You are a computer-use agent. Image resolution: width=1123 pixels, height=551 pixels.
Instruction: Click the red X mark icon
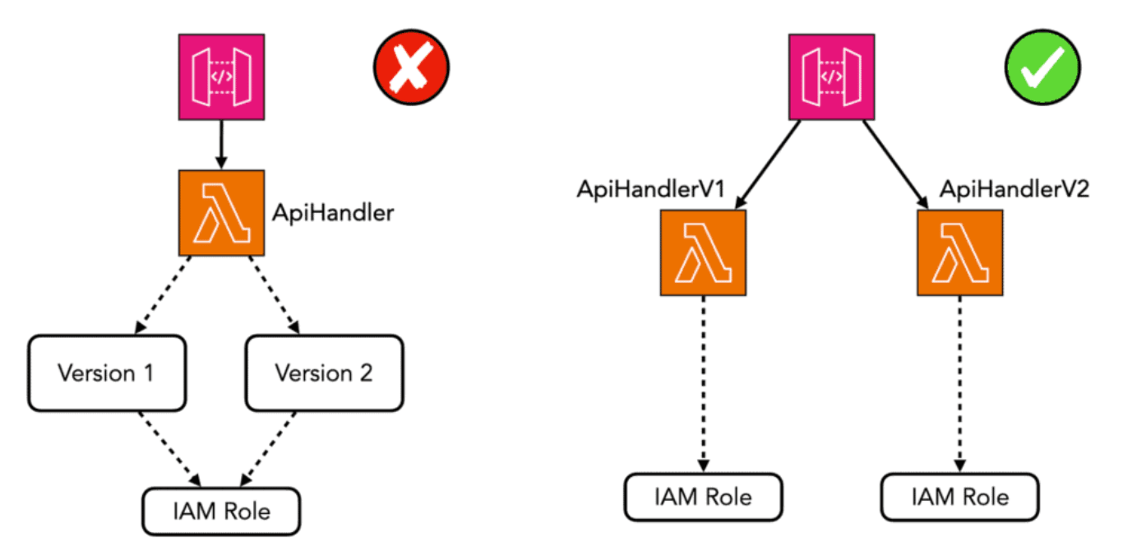[411, 67]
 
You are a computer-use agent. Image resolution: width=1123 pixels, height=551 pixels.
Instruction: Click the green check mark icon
[1042, 67]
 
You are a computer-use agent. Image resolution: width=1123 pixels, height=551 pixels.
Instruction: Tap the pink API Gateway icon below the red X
[222, 76]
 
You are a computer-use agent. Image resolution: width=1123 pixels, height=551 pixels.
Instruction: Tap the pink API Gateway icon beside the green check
[832, 76]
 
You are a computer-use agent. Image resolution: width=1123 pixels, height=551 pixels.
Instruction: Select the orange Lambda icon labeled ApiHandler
[222, 212]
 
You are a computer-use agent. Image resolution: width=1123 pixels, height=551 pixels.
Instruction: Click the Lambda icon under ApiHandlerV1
[704, 252]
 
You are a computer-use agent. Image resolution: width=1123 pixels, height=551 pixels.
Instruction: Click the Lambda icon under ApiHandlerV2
[960, 252]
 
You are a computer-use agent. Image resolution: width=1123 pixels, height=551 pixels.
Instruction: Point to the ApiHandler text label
[333, 213]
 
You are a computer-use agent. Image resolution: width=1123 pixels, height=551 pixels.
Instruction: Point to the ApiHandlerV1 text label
[651, 189]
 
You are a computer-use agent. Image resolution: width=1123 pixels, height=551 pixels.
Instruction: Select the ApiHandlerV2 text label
[1014, 189]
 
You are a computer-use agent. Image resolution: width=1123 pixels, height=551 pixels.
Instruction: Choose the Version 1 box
[107, 373]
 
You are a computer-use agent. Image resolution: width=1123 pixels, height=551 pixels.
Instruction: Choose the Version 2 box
[325, 373]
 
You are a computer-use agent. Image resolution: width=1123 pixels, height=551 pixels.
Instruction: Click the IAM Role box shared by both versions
[222, 512]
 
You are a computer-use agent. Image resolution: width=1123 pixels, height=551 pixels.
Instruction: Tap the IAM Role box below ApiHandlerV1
[704, 497]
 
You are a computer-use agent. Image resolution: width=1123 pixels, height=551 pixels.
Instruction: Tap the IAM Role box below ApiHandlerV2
[960, 497]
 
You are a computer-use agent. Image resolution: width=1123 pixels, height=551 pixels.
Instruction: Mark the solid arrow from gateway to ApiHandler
[222, 145]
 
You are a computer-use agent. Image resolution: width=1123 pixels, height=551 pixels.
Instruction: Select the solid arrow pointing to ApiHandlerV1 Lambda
[768, 164]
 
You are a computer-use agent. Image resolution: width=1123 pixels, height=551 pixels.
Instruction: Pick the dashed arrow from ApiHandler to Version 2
[275, 294]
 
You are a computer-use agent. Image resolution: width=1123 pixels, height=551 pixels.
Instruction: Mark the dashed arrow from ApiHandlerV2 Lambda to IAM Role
[960, 384]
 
